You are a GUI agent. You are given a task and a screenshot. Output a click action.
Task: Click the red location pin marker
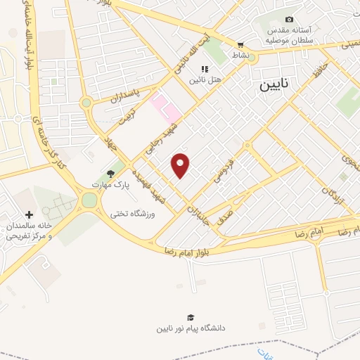pyautogui.click(x=181, y=165)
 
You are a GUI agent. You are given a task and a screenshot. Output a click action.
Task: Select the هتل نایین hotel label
pyautogui.click(x=205, y=80)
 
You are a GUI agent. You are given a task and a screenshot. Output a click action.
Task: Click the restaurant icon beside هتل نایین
pyautogui.click(x=205, y=69)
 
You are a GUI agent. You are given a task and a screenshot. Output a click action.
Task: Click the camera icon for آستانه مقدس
pyautogui.click(x=289, y=19)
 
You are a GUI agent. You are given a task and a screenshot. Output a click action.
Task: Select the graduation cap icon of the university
pyautogui.click(x=191, y=317)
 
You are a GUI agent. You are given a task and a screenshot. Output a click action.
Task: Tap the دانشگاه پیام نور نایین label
pyautogui.click(x=191, y=328)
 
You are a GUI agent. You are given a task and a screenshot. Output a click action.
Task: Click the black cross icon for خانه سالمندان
pyautogui.click(x=29, y=214)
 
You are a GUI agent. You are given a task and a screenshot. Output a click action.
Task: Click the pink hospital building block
pyautogui.click(x=165, y=108)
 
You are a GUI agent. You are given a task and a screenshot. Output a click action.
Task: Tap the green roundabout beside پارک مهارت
pyautogui.click(x=89, y=200)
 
